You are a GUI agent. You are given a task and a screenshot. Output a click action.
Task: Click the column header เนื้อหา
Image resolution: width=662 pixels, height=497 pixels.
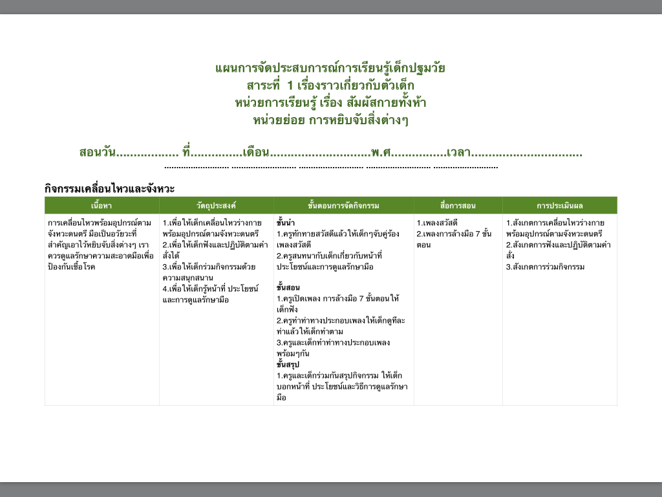101,206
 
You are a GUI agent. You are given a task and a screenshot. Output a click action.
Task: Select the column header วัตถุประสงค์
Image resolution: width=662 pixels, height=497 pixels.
216,206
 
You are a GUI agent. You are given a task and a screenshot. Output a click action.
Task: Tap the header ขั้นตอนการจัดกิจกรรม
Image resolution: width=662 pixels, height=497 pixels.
343,206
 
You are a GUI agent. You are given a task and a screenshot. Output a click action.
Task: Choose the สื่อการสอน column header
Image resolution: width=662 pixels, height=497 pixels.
458,206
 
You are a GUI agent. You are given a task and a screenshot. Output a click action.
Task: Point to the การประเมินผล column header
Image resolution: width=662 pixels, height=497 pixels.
559,206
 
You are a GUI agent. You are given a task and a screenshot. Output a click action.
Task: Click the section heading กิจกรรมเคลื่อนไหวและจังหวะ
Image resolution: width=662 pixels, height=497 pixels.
110,188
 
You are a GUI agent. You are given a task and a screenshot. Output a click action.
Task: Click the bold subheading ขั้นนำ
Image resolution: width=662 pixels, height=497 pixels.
286,223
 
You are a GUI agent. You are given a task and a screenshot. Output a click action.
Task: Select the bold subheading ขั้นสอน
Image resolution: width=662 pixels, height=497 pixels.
288,287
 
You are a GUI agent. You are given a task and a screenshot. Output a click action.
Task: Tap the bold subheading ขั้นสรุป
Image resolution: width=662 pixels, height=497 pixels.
288,364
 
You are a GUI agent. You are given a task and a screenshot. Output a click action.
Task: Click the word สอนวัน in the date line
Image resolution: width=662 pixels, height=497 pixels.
97,153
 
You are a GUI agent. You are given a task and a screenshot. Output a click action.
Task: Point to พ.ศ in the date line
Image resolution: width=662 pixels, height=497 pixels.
381,153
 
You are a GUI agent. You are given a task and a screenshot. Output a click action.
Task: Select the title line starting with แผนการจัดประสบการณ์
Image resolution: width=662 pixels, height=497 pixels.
330,69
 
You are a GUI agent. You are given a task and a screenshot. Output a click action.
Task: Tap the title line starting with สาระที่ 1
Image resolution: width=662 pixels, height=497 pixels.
330,85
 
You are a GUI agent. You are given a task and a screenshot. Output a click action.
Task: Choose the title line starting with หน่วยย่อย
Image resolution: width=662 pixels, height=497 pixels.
330,120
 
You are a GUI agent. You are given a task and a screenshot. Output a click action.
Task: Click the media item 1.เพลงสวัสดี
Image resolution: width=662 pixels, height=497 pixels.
437,223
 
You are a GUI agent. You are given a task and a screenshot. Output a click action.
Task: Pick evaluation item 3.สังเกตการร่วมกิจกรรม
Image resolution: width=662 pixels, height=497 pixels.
545,267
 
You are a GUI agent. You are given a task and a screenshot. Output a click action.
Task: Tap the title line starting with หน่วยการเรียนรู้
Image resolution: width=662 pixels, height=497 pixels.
330,102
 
